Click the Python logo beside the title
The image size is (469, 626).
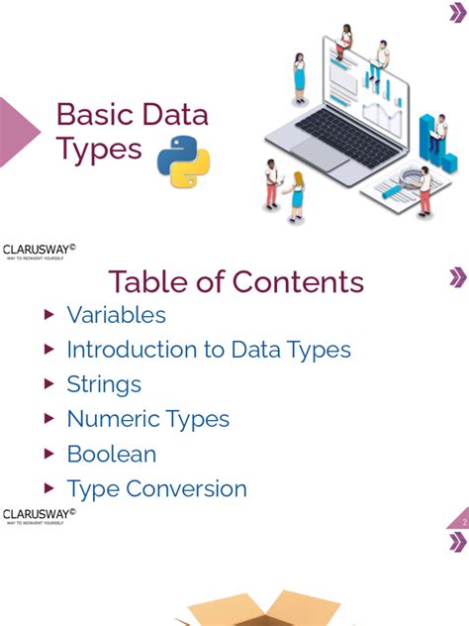click(x=184, y=160)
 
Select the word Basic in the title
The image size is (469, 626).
click(x=92, y=115)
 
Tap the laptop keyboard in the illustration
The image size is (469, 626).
click(x=340, y=128)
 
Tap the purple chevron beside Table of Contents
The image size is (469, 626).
click(x=457, y=277)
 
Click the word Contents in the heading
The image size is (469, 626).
click(x=298, y=281)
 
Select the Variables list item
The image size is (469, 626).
click(x=116, y=315)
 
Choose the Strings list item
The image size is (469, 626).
click(x=104, y=384)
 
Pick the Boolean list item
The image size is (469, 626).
click(x=111, y=454)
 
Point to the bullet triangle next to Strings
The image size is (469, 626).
click(x=49, y=384)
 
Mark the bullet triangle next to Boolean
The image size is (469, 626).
click(x=49, y=454)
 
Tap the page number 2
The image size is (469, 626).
click(x=463, y=521)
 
